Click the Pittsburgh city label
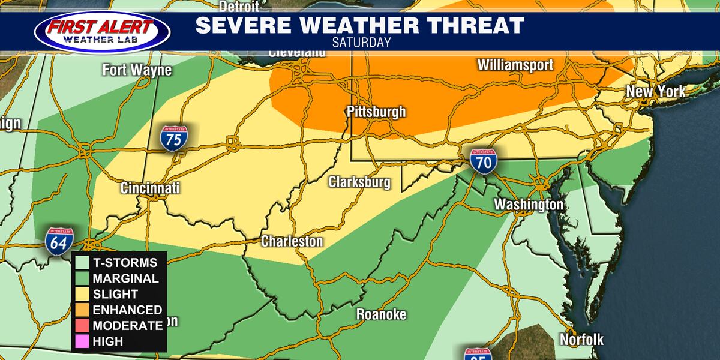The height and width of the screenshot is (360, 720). (x=376, y=112)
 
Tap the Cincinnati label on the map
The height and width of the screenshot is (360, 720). (x=150, y=188)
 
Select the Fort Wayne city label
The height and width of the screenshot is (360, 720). (x=137, y=70)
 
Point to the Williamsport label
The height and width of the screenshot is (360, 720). (x=515, y=65)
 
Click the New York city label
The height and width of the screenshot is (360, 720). (x=655, y=92)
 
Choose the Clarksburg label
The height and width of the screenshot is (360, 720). (x=359, y=182)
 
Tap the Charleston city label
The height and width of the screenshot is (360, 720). (x=292, y=241)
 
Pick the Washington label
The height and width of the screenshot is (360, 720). (x=529, y=205)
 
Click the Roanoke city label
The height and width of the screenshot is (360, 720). (x=381, y=314)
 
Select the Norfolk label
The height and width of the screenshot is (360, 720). (x=581, y=339)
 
